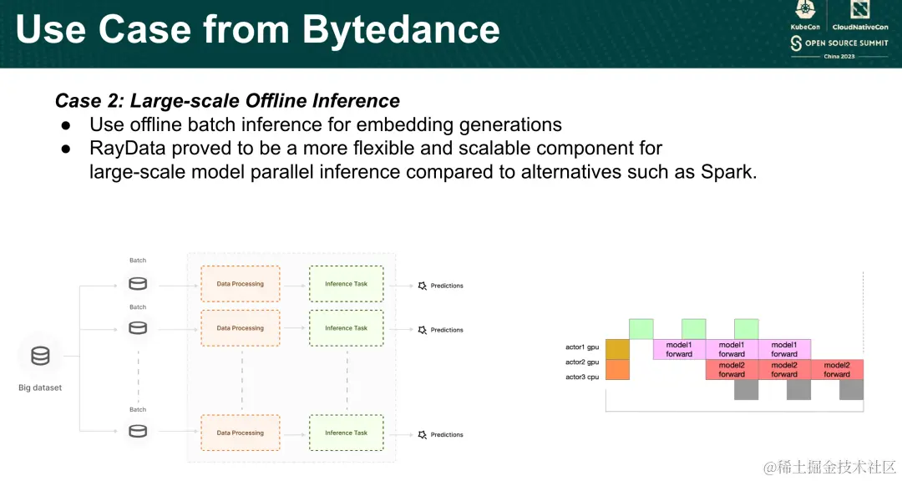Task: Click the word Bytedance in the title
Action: point(401,30)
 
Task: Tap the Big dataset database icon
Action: point(40,356)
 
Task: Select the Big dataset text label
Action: point(40,387)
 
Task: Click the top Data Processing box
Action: point(241,284)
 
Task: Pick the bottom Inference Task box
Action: point(347,433)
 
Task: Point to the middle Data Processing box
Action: point(241,328)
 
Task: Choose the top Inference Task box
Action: point(347,284)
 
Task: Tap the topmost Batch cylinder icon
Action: point(138,284)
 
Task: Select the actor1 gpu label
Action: point(582,347)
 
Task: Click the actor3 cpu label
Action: point(582,377)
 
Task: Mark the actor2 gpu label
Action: point(582,362)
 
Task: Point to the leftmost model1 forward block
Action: point(679,349)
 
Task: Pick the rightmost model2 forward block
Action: point(837,369)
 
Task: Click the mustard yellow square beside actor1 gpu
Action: point(618,349)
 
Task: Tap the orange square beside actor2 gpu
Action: point(618,369)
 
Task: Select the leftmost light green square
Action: point(641,329)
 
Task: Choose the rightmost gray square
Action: point(851,389)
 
